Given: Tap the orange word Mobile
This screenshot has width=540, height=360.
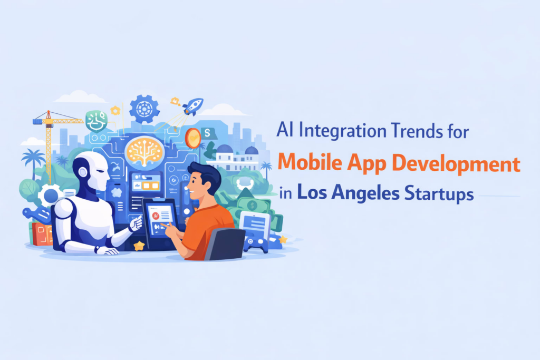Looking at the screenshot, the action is pyautogui.click(x=310, y=162).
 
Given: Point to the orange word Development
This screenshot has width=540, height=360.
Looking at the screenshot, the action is pyautogui.click(x=456, y=164).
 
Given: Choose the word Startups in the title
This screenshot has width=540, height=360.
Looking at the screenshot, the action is pyautogui.click(x=439, y=194).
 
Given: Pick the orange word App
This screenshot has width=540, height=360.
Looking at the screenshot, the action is pyautogui.click(x=367, y=164).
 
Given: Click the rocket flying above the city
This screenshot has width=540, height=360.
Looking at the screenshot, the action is pyautogui.click(x=193, y=106).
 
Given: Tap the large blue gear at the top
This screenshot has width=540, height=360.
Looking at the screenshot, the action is pyautogui.click(x=144, y=109).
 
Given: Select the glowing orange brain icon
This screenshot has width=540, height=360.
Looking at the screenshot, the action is pyautogui.click(x=144, y=151).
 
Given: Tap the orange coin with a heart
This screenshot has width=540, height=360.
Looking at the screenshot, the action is pyautogui.click(x=193, y=138).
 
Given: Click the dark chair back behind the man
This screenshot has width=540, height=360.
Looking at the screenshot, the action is pyautogui.click(x=225, y=244).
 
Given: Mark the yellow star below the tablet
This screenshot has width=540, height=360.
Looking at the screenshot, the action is pyautogui.click(x=139, y=246).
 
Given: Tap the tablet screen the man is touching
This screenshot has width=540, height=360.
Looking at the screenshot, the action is pyautogui.click(x=160, y=219).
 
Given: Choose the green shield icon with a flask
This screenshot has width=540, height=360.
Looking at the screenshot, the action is pyautogui.click(x=97, y=121).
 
